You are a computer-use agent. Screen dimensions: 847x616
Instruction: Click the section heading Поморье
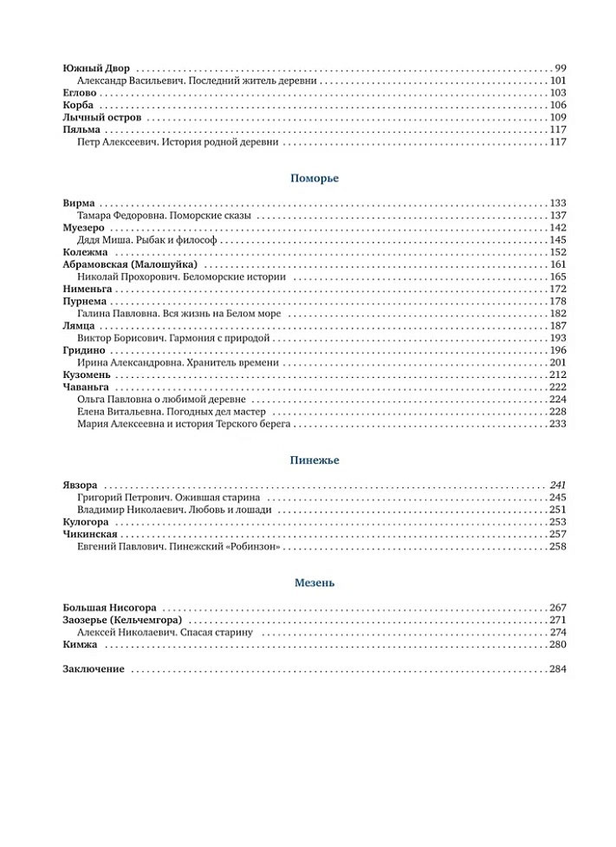pos(314,178)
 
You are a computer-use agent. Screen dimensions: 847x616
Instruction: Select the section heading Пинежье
pos(314,460)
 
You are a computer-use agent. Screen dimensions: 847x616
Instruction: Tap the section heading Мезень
pos(314,583)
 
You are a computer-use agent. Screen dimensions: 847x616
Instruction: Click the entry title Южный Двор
pos(97,68)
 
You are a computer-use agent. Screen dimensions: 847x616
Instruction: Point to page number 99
pos(560,68)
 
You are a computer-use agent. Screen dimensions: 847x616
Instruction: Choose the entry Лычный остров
pos(102,117)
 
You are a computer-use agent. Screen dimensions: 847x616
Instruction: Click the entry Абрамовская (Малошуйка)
pos(130,264)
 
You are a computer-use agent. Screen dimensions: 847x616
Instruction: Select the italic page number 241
pos(557,485)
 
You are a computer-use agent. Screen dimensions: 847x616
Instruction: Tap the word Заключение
pos(94,669)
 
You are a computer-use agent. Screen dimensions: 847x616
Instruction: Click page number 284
pos(557,669)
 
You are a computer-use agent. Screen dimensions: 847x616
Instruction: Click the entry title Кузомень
pos(87,375)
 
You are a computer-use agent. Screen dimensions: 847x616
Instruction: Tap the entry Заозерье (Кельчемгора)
pos(122,621)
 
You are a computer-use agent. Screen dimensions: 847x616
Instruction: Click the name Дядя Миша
pos(101,240)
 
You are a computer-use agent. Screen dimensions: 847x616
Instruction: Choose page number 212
pos(557,375)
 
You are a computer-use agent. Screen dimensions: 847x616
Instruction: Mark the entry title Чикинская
pos(90,535)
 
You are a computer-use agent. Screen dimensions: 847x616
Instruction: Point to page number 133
pos(557,203)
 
